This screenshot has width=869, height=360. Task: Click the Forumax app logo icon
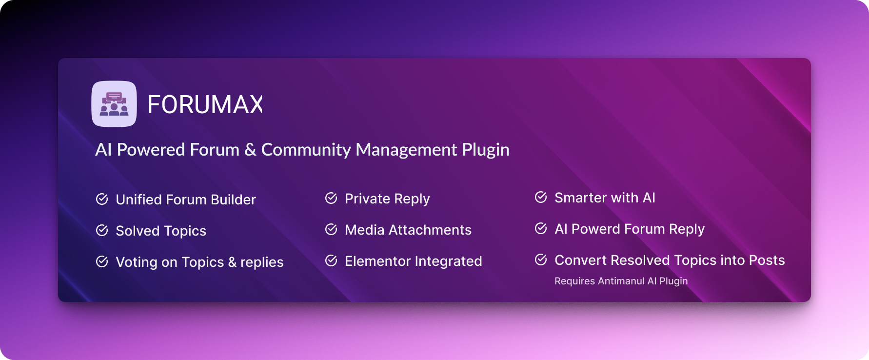click(114, 104)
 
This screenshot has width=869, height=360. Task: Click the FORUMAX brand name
click(205, 104)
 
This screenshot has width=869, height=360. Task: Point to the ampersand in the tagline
click(250, 150)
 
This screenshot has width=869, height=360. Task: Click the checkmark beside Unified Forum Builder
click(102, 199)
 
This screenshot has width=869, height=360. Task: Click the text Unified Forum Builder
click(186, 200)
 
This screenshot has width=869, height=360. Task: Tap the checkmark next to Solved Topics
click(102, 230)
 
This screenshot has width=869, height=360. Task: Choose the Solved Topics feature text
click(161, 231)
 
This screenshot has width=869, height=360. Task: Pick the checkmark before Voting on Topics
click(102, 261)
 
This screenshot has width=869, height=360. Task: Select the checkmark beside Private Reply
click(331, 198)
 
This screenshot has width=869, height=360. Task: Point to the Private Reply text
click(387, 199)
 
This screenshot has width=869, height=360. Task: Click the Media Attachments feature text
click(408, 230)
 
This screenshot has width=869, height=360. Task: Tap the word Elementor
click(378, 261)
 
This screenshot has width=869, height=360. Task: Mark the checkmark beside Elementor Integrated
click(331, 260)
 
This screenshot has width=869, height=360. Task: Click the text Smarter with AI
click(605, 198)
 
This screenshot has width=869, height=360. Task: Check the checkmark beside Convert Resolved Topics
click(541, 260)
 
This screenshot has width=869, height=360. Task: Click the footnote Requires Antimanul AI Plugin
click(621, 281)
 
